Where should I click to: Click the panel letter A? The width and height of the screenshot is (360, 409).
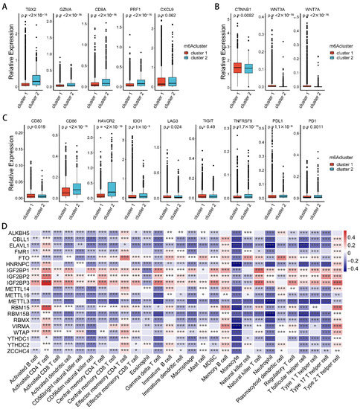coord(5,4)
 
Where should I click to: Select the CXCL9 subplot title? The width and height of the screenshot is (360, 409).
coord(157,10)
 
